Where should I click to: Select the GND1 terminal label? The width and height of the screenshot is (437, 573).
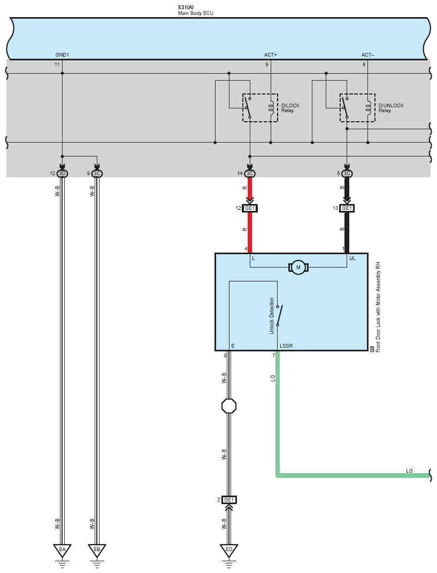point(62,55)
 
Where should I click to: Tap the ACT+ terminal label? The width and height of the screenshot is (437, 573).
point(271,55)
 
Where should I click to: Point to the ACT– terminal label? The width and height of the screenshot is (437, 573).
point(368,55)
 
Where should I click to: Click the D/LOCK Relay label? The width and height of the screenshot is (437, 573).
point(290,108)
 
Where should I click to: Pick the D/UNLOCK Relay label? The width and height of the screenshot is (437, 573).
point(391,108)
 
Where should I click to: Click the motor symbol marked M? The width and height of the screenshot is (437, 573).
point(298,268)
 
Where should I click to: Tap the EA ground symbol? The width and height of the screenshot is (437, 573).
point(62,550)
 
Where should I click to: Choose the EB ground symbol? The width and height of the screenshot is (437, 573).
point(97,550)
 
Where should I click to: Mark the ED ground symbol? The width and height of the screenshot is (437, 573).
point(229,550)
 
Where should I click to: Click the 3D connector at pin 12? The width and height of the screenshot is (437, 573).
point(62,174)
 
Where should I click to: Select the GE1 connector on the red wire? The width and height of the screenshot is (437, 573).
point(250,208)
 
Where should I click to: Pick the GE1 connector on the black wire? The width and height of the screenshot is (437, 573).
point(347,208)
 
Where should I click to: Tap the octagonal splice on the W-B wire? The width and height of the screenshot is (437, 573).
point(229,406)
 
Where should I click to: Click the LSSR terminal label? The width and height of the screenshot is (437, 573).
point(286,346)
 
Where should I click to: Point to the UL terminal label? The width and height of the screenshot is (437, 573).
point(352,258)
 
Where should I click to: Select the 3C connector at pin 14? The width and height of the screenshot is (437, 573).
point(250,174)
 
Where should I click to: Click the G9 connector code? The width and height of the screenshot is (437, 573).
point(372,348)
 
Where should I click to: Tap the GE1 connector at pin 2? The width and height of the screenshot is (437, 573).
point(229,500)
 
